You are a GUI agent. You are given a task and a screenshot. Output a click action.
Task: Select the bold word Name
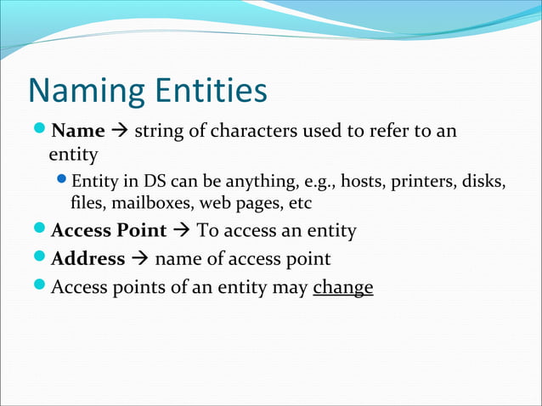[x=78, y=132]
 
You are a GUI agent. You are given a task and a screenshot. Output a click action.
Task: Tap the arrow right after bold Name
[x=120, y=132]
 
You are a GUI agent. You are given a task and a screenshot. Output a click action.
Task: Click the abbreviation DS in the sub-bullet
[x=147, y=183]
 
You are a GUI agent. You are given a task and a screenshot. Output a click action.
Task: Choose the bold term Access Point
[x=109, y=230]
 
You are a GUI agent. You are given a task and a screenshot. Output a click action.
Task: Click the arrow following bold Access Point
[x=182, y=230]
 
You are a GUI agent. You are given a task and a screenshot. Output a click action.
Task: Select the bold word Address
[x=88, y=259]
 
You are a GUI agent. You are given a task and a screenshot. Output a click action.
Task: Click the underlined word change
[x=343, y=287]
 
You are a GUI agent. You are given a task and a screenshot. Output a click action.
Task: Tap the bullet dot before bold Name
[x=40, y=132]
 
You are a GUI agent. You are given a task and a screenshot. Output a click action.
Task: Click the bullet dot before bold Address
[x=40, y=258]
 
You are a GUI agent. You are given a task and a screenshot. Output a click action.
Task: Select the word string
[x=157, y=133]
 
